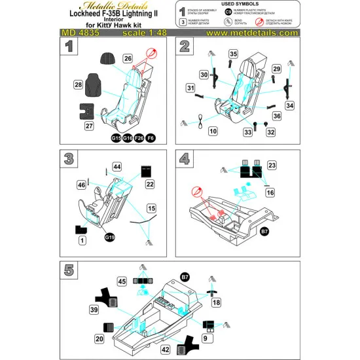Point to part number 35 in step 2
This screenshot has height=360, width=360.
[234, 54]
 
